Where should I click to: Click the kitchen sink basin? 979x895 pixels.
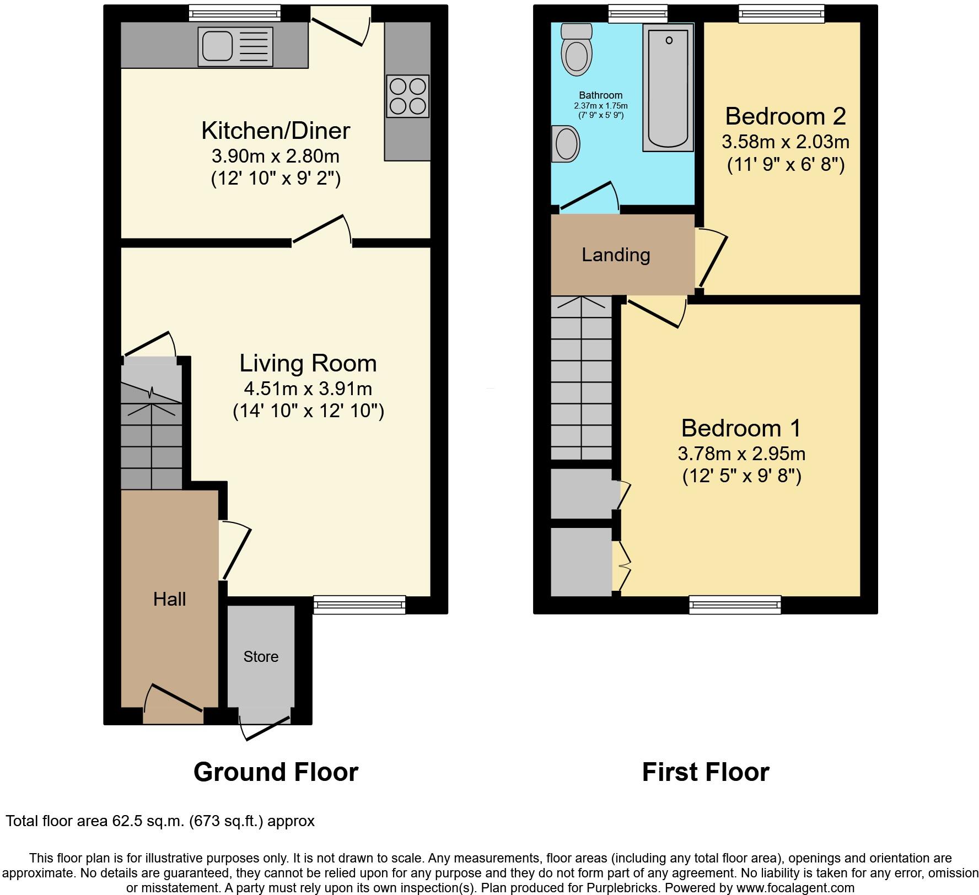tap(217, 46)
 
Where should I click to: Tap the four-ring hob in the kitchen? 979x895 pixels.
tap(407, 96)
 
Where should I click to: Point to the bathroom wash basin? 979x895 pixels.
tap(566, 144)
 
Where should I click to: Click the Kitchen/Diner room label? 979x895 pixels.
tap(275, 131)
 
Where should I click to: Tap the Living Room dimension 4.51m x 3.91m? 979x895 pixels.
tap(308, 389)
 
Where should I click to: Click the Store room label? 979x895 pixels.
tap(261, 656)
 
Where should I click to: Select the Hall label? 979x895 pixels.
tap(169, 599)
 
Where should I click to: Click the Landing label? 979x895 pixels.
tap(616, 255)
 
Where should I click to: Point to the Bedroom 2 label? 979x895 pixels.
tap(785, 116)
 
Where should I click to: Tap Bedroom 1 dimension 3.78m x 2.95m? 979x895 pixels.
tap(741, 454)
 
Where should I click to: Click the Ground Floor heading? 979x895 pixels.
tap(276, 772)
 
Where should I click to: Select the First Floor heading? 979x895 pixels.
tap(705, 772)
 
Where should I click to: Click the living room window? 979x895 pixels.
tap(359, 605)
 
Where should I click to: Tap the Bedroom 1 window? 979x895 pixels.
tap(735, 605)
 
